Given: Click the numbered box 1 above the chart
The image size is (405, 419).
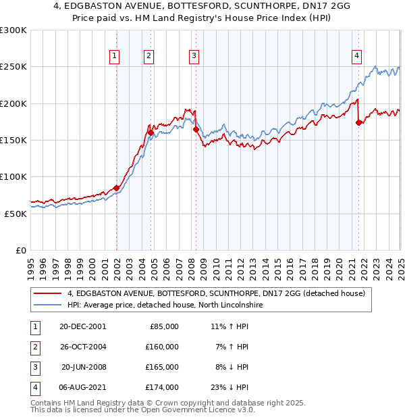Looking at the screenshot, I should click(115, 56).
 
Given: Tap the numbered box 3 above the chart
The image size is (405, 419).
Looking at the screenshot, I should click(194, 56).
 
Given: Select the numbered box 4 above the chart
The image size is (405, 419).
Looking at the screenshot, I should click(356, 56).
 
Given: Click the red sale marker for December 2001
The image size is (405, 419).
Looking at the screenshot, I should click(116, 188).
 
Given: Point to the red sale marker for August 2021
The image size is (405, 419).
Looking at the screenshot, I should click(358, 122).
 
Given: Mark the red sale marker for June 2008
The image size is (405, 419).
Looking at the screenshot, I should click(196, 129).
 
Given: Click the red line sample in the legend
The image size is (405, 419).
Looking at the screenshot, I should click(48, 293).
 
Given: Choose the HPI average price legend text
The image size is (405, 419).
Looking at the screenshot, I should click(165, 305).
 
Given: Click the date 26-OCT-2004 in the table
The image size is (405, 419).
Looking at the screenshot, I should click(82, 347).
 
